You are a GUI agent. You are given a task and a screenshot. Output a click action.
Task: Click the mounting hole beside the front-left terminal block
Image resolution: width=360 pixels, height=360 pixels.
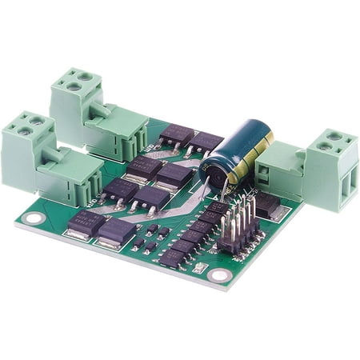click(x=33, y=218)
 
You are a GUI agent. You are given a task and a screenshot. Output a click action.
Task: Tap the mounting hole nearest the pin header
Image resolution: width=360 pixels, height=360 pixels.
click(x=219, y=275)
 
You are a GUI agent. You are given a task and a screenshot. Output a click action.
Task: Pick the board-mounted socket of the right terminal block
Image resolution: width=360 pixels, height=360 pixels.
click(x=280, y=171)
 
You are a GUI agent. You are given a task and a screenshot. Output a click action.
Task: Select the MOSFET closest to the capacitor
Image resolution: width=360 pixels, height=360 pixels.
click(x=206, y=142)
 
